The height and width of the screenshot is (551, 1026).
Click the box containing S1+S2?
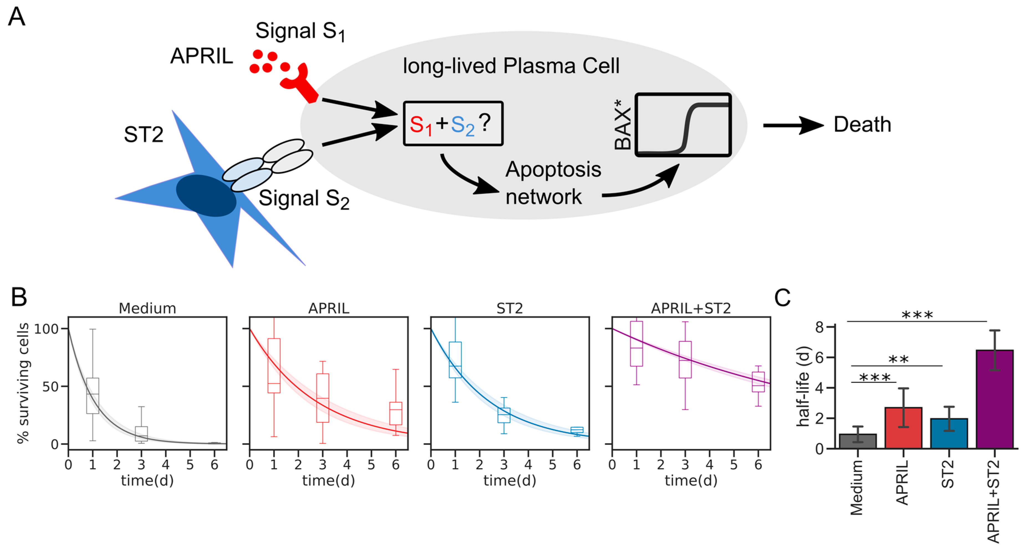[x=453, y=123]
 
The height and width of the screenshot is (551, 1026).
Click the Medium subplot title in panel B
[x=147, y=308]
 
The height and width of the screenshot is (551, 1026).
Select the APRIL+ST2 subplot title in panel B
[x=691, y=308]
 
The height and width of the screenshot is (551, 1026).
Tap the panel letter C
[x=782, y=298]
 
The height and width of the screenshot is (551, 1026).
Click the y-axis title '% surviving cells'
[x=23, y=383]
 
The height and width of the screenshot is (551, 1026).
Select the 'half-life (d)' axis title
[x=803, y=386]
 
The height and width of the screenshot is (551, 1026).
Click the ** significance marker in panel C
[x=898, y=359]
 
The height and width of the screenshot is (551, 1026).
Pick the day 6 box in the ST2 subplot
[x=577, y=430]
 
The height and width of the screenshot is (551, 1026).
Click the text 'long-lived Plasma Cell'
[x=511, y=66]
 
